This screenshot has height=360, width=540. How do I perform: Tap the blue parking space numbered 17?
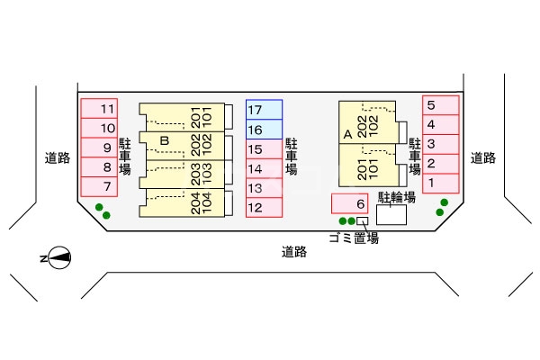[264, 110]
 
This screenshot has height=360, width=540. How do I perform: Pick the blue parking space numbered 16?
[264, 130]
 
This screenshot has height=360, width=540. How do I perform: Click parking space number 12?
[264, 208]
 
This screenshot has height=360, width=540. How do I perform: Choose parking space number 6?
[350, 204]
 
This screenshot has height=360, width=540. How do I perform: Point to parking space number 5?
[440, 104]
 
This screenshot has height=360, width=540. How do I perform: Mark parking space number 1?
[440, 183]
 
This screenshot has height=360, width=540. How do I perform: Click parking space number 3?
[440, 143]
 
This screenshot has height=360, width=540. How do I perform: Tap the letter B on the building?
[164, 140]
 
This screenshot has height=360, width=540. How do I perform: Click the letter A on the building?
[347, 134]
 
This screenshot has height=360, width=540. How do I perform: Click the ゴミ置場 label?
[353, 238]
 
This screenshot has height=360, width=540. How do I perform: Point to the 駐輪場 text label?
[396, 196]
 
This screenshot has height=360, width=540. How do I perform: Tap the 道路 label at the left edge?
[58, 157]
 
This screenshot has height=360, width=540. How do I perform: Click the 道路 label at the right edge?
[483, 157]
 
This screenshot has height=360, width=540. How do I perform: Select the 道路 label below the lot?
[294, 252]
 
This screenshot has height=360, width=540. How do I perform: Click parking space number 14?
[264, 168]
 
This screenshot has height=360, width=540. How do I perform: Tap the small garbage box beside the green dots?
[362, 220]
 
